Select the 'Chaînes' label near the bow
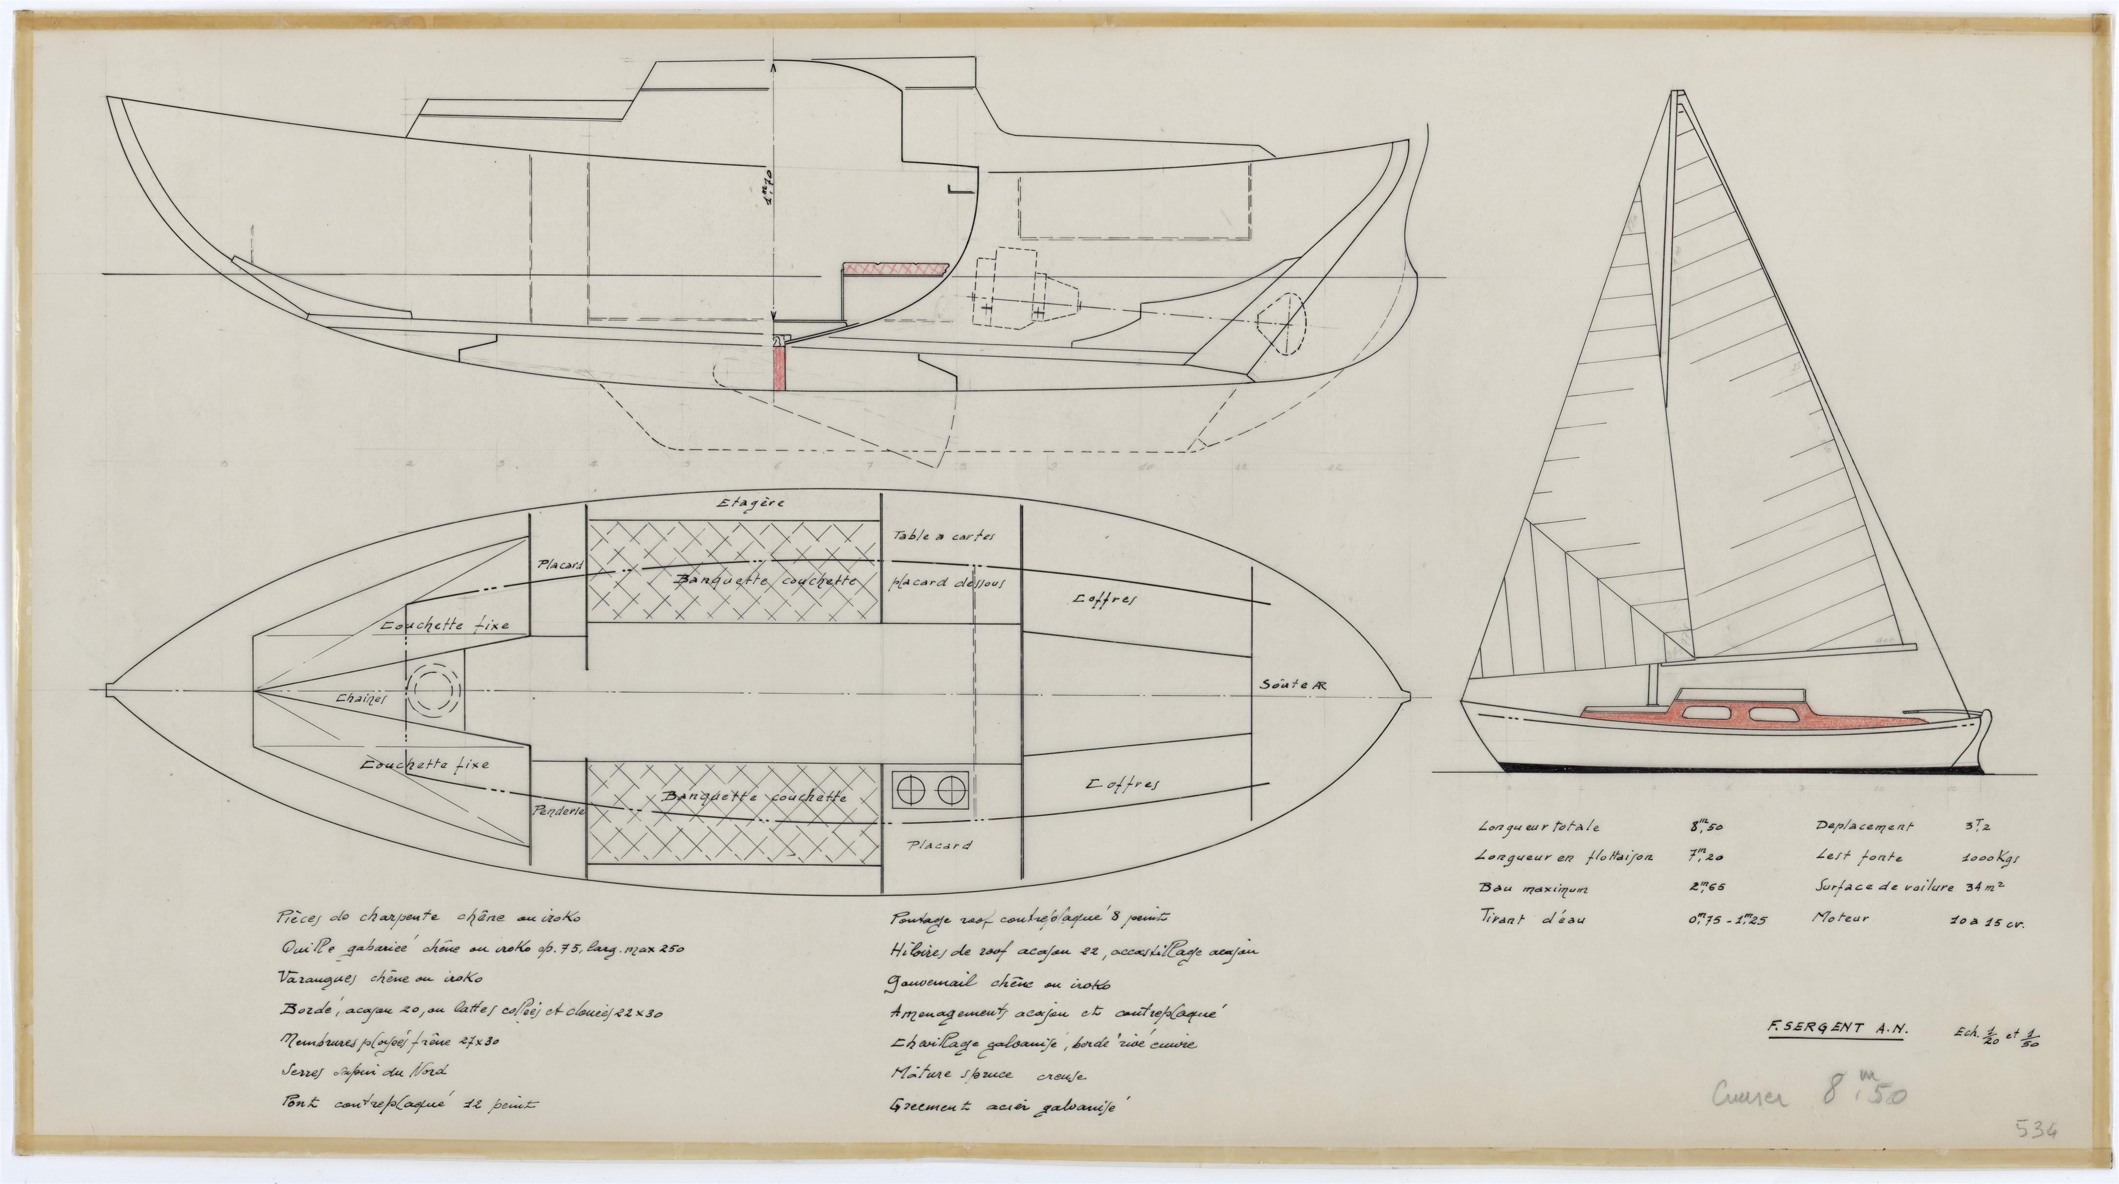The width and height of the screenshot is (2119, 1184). (360, 699)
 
